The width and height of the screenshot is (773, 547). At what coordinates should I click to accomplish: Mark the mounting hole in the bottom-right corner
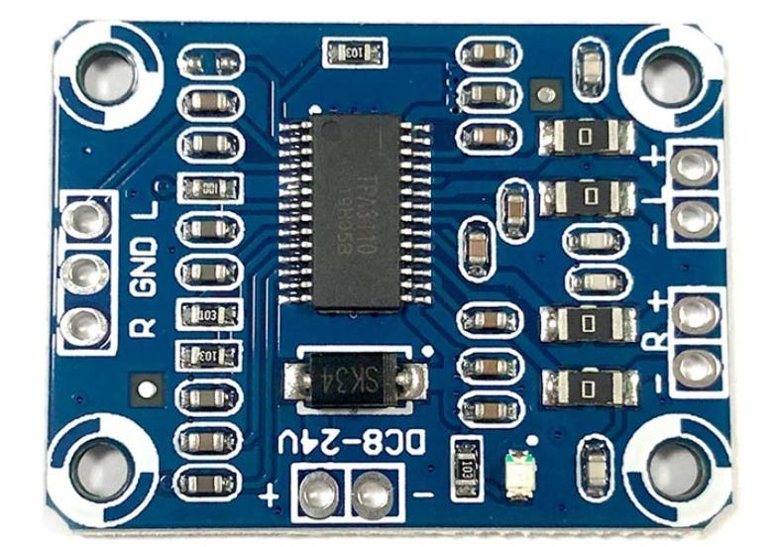675,466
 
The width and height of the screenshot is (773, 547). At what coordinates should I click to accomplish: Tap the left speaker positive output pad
694,165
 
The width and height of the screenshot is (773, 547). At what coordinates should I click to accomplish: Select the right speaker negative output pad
694,369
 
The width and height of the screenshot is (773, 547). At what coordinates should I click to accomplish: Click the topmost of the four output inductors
587,134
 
